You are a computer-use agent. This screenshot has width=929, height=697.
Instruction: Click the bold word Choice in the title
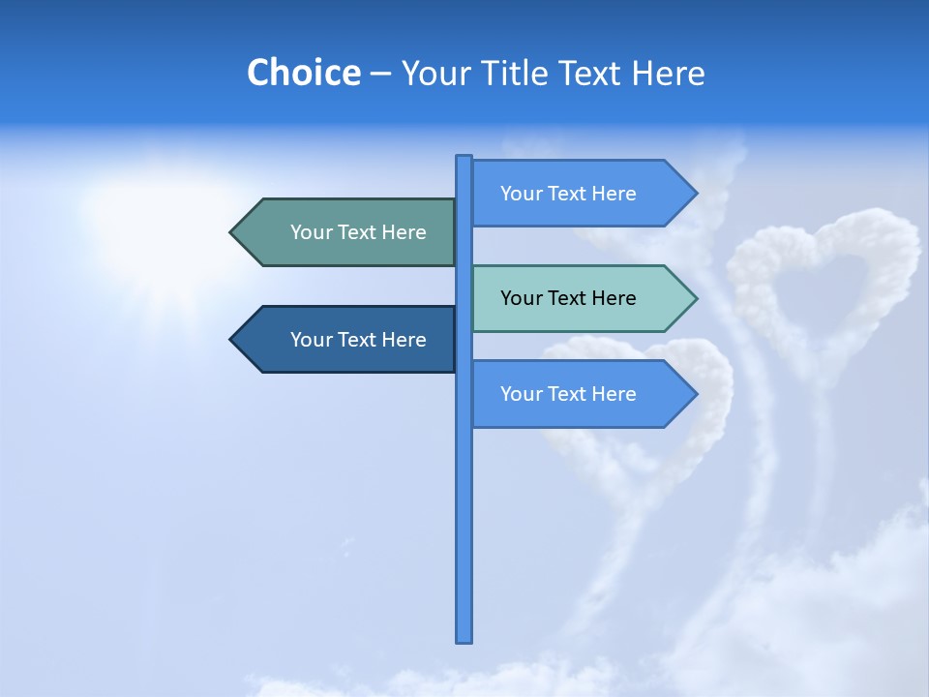click(x=303, y=73)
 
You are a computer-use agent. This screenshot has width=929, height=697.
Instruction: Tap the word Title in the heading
click(x=525, y=73)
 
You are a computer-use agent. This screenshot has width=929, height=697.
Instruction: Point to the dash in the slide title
click(x=380, y=74)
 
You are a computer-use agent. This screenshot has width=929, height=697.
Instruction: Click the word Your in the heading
click(x=435, y=73)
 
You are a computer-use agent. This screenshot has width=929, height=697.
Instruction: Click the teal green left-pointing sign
click(x=348, y=232)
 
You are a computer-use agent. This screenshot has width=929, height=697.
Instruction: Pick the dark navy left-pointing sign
click(x=348, y=340)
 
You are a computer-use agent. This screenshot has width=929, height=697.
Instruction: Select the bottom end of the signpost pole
click(x=464, y=639)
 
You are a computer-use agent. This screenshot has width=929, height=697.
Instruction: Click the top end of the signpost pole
click(x=464, y=159)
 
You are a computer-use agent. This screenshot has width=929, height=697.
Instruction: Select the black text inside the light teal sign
click(x=568, y=298)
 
